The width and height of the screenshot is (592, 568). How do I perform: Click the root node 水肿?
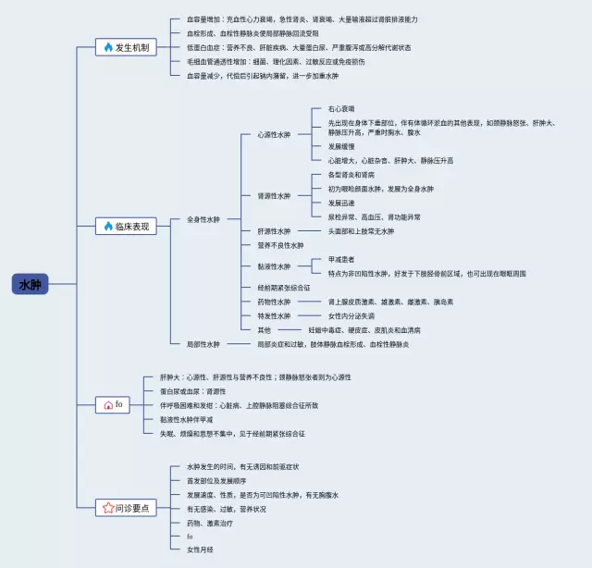point(31,284)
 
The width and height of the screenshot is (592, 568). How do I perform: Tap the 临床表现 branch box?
point(128,226)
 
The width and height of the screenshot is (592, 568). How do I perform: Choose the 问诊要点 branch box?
point(128,508)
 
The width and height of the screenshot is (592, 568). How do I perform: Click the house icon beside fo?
point(108,405)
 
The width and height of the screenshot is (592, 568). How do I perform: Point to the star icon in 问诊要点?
point(108,508)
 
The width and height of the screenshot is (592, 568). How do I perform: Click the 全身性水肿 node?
point(203,219)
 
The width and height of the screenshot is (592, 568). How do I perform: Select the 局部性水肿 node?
point(203,344)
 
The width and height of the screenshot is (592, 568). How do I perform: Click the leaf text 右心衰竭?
point(341,109)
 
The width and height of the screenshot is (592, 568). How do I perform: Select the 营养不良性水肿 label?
point(279,245)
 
